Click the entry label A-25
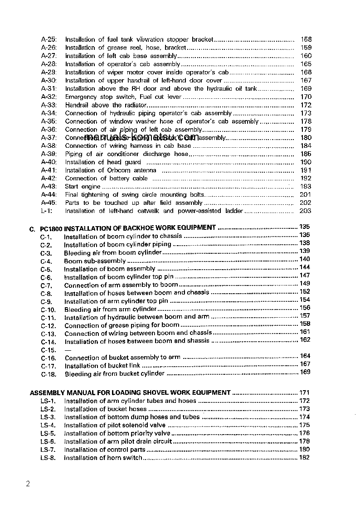[49, 39]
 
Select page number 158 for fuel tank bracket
[306, 39]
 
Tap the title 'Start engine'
[83, 186]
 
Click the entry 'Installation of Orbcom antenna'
[111, 170]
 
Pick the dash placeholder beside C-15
[68, 350]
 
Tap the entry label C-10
[48, 310]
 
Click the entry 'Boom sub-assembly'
[95, 261]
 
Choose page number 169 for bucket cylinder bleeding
[305, 373]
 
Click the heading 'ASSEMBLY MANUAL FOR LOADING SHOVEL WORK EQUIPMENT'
[130, 393]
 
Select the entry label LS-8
[48, 458]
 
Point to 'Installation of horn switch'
[103, 458]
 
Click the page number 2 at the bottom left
[28, 484]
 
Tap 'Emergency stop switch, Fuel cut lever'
[123, 97]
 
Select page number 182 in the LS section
[305, 457]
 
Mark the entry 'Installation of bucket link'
[102, 366]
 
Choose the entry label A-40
[49, 162]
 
